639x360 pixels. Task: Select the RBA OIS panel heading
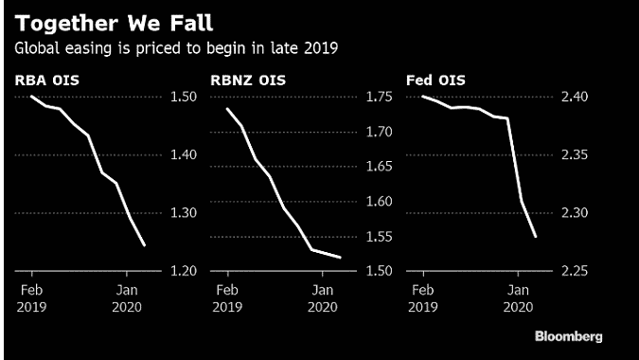coord(44,80)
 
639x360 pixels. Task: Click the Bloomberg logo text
coord(568,336)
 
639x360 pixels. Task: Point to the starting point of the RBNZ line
coord(227,108)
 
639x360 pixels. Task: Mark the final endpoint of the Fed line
coord(537,237)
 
